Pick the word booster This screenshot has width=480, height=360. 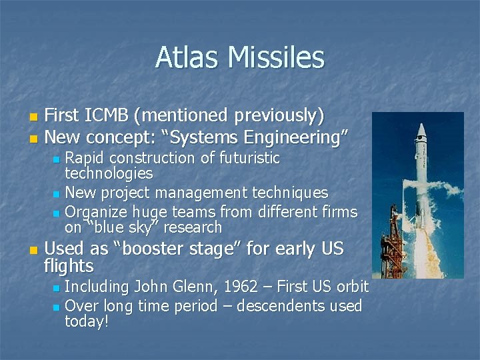(x=151, y=250)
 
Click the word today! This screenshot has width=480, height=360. (x=87, y=322)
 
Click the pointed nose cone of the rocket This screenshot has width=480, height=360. (x=420, y=127)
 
